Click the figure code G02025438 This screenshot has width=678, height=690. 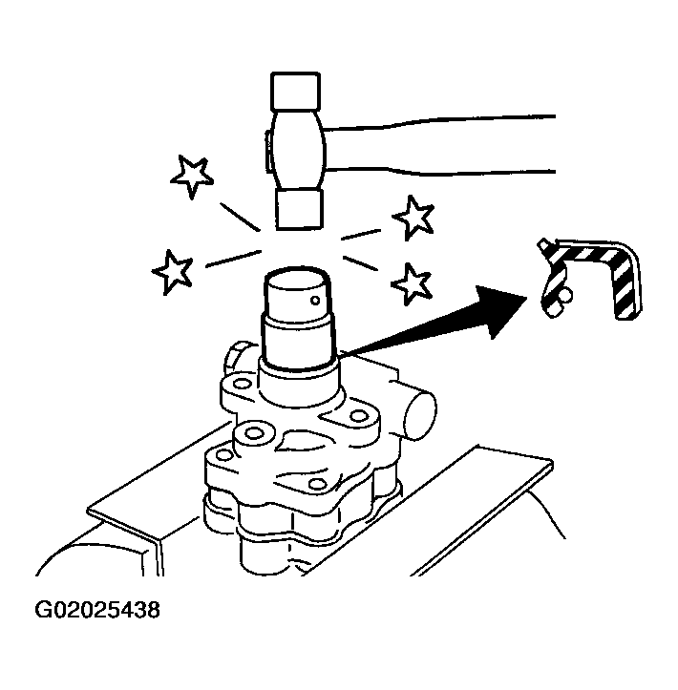(97, 610)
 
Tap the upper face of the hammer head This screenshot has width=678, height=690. (295, 91)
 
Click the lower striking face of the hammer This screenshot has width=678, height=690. (300, 209)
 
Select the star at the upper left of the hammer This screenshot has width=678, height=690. (192, 176)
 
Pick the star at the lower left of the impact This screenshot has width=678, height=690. (172, 271)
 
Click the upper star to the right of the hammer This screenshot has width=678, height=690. (413, 218)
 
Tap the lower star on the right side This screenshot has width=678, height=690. (412, 283)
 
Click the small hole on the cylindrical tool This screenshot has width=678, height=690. (315, 300)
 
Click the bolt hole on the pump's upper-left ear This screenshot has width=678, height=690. (242, 384)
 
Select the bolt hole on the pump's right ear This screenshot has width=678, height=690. (360, 415)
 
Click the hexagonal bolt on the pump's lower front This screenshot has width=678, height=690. (316, 484)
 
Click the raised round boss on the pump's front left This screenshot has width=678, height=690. (253, 435)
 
